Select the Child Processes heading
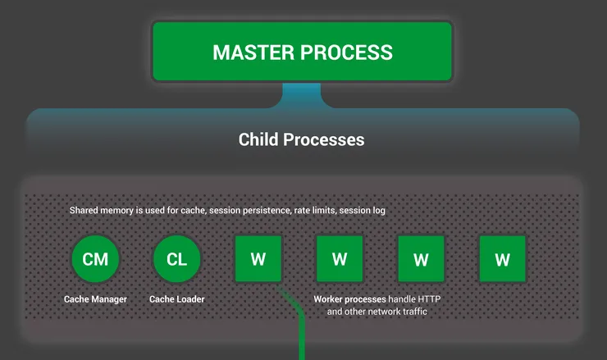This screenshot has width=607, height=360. coord(301,139)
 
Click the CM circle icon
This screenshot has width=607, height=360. coord(95,260)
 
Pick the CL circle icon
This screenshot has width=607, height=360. coord(176,260)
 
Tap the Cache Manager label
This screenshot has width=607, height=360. coord(95,299)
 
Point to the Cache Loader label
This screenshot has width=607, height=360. coord(176,299)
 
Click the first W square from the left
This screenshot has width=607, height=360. coord(258,260)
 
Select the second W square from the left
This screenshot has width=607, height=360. coord(340,260)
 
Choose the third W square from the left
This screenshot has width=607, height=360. coord(421,260)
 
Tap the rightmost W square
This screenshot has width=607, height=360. coord(503,260)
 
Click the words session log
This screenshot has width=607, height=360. coord(363,211)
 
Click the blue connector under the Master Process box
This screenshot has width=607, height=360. coord(302,95)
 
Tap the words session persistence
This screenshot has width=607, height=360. coord(251,211)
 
